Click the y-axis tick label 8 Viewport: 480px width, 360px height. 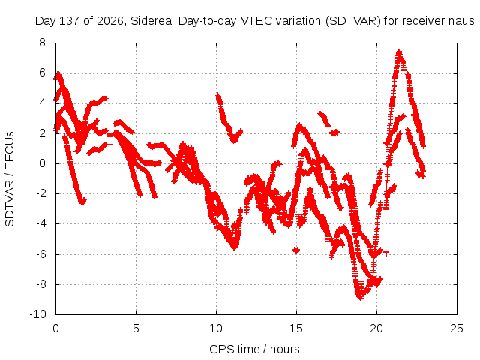(x=42, y=43)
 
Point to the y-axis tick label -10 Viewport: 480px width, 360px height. (x=38, y=314)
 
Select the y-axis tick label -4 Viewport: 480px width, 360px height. (x=40, y=223)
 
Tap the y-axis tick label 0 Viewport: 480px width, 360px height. (x=42, y=163)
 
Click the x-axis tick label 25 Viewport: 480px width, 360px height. (x=457, y=328)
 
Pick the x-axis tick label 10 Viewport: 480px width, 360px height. (x=216, y=328)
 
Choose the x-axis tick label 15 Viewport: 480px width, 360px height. (x=296, y=328)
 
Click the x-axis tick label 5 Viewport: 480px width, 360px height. (x=136, y=328)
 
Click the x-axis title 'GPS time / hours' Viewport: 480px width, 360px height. (x=254, y=349)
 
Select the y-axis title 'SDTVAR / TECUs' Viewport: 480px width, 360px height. (x=10, y=179)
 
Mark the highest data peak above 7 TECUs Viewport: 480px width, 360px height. (x=399, y=52)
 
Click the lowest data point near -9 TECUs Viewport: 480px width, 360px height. (x=360, y=297)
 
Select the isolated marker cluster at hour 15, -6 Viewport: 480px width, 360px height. (x=296, y=250)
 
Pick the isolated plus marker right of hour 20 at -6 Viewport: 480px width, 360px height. (x=386, y=253)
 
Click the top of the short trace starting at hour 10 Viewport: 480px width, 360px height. (x=218, y=96)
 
